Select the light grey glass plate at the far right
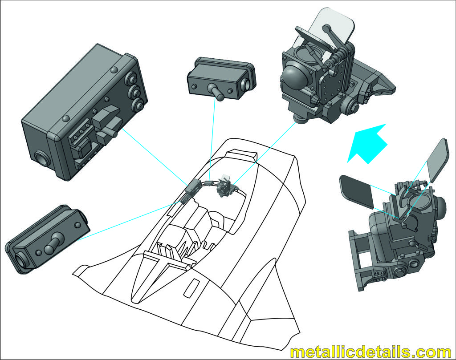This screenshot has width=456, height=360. tap(437, 160)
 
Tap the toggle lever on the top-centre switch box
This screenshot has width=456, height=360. tap(217, 92)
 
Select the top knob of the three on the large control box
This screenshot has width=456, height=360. tap(131, 78)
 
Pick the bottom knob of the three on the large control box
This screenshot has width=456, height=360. tap(138, 104)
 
